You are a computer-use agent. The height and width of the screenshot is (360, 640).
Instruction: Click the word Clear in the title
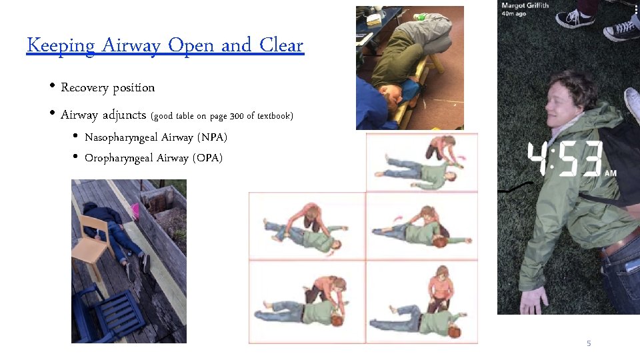click(x=281, y=46)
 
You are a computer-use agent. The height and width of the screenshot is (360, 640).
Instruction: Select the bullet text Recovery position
click(x=107, y=88)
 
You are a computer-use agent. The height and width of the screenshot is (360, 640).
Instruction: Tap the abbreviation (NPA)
click(x=212, y=137)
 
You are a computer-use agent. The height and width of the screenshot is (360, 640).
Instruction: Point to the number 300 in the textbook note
click(x=237, y=116)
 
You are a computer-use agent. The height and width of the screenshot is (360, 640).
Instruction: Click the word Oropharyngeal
click(x=119, y=158)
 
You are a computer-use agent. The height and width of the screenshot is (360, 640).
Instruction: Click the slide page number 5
click(x=589, y=343)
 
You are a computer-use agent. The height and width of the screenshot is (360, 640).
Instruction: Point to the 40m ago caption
click(x=514, y=15)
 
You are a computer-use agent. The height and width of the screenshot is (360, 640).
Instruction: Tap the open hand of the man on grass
click(x=533, y=300)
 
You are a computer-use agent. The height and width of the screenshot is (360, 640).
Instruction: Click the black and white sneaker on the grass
click(x=575, y=18)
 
